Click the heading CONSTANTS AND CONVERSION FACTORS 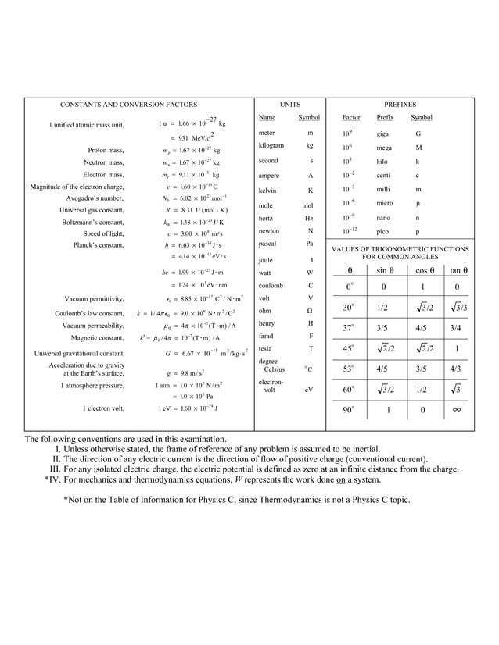tap(129, 104)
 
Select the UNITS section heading tap(289, 104)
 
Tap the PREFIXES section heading tap(400, 104)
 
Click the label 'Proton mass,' tap(106, 150)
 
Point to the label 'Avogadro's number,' tap(95, 198)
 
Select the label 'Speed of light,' tap(103, 233)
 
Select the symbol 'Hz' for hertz tap(310, 219)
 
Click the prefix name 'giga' tap(384, 134)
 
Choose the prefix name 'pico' tap(383, 232)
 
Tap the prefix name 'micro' tap(385, 203)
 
